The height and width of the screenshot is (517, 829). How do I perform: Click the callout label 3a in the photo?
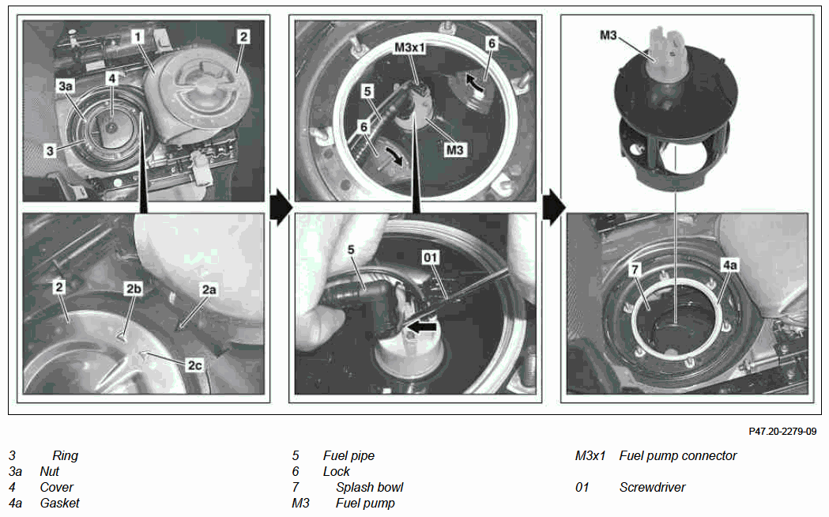click(66, 85)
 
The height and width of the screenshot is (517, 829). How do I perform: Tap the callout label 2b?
click(134, 289)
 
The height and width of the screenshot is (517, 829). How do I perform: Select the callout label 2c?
click(194, 364)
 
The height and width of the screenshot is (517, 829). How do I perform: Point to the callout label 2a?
click(209, 289)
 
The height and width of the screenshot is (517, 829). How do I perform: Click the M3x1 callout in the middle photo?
click(409, 47)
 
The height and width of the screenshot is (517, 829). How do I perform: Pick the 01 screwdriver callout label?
click(431, 258)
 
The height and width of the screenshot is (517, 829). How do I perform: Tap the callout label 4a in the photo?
click(729, 265)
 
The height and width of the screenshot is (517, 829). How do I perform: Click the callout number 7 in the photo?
click(635, 270)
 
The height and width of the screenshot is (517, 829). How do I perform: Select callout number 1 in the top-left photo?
click(138, 36)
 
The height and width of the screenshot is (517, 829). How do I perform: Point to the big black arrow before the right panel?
click(553, 206)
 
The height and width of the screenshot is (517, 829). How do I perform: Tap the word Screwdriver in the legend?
click(652, 488)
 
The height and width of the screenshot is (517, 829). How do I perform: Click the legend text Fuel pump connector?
click(678, 455)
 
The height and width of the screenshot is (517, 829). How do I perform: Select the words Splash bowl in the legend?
click(370, 488)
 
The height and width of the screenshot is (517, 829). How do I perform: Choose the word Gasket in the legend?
click(60, 504)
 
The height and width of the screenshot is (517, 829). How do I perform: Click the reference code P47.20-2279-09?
click(782, 432)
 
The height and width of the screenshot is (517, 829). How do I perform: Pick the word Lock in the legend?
click(336, 471)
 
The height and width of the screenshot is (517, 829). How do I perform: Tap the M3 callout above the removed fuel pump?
click(608, 35)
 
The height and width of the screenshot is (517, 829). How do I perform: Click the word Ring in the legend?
click(65, 455)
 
